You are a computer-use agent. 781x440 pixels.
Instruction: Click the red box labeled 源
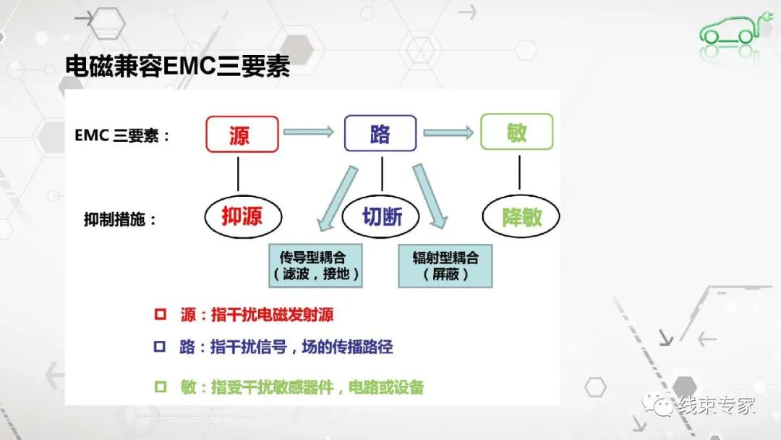click(242, 134)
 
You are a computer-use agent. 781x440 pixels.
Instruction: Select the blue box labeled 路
click(380, 133)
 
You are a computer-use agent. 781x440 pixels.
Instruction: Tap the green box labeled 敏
click(517, 132)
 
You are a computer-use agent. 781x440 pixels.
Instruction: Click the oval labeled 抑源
click(242, 216)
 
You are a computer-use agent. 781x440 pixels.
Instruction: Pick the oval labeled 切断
click(381, 216)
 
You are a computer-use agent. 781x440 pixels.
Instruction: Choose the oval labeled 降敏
click(521, 216)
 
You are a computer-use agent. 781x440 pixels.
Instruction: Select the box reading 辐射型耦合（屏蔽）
click(445, 266)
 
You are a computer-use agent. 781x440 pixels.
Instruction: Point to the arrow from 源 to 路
click(309, 132)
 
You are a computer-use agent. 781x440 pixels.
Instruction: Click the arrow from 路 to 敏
click(448, 132)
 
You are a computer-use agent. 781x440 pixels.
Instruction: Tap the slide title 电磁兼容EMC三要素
click(178, 67)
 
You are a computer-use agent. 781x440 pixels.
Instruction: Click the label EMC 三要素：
click(122, 135)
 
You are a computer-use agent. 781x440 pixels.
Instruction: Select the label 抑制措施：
click(120, 219)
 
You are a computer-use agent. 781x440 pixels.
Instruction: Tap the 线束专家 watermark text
click(716, 405)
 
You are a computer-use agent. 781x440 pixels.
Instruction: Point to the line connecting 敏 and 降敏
click(519, 172)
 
